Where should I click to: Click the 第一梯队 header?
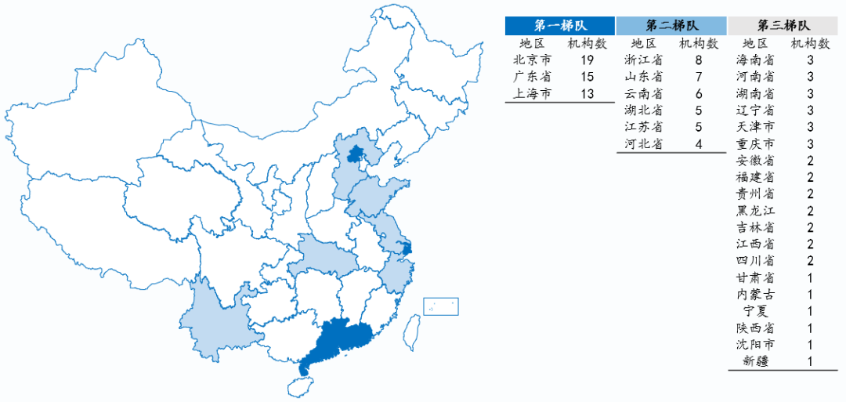click(560, 25)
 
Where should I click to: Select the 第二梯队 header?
click(672, 25)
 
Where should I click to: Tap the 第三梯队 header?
click(783, 25)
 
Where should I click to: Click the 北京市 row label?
click(532, 60)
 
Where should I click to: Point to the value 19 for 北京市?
click(587, 60)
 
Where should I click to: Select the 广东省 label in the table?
click(532, 77)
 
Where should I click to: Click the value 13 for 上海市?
click(587, 94)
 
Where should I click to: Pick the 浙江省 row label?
click(644, 60)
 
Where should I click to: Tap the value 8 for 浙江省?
click(699, 60)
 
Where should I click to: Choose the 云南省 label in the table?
click(644, 93)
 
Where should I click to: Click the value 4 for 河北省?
click(699, 143)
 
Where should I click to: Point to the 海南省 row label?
click(756, 60)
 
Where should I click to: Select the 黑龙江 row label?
click(756, 210)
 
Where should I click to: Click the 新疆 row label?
click(756, 361)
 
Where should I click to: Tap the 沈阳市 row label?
click(756, 345)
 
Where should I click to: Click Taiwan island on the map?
click(408, 333)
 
